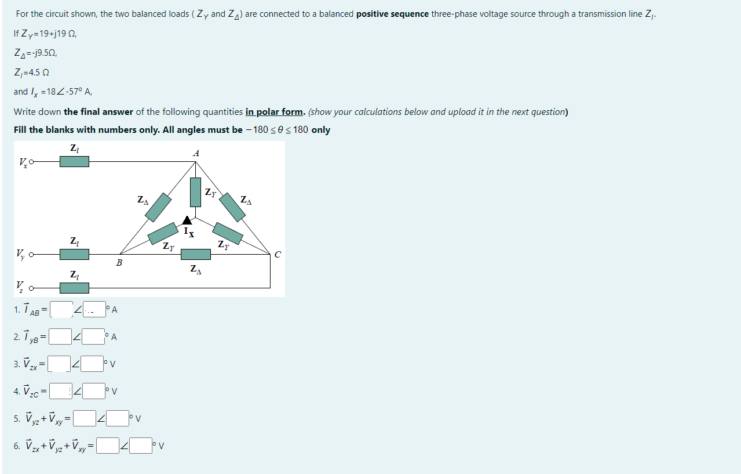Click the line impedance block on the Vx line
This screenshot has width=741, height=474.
pyautogui.click(x=74, y=161)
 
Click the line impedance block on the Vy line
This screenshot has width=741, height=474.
pyautogui.click(x=74, y=254)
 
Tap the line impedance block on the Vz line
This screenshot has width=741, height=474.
pyautogui.click(x=74, y=288)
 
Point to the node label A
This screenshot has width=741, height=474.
pyautogui.click(x=196, y=153)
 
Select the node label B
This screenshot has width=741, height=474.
pyautogui.click(x=119, y=263)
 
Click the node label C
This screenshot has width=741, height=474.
pyautogui.click(x=278, y=254)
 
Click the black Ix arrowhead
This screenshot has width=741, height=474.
pyautogui.click(x=187, y=220)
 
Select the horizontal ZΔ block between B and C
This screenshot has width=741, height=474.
pyautogui.click(x=196, y=254)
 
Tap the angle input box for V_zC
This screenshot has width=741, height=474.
pyautogui.click(x=94, y=390)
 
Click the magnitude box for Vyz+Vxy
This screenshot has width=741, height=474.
pyautogui.click(x=85, y=418)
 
